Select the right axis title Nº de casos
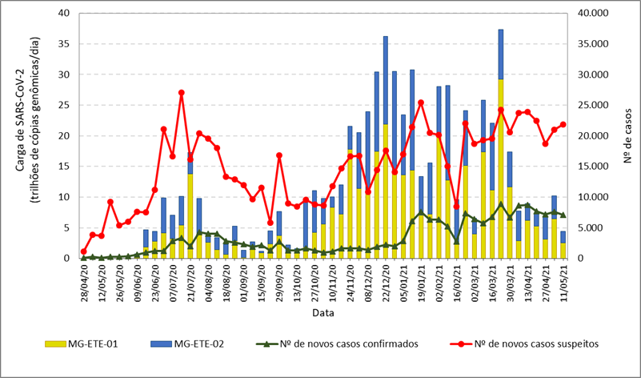[628, 136]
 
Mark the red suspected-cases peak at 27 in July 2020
[181, 93]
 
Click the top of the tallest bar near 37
[501, 30]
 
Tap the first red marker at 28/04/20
[83, 251]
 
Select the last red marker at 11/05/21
[563, 124]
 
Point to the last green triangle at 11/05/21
[563, 215]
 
